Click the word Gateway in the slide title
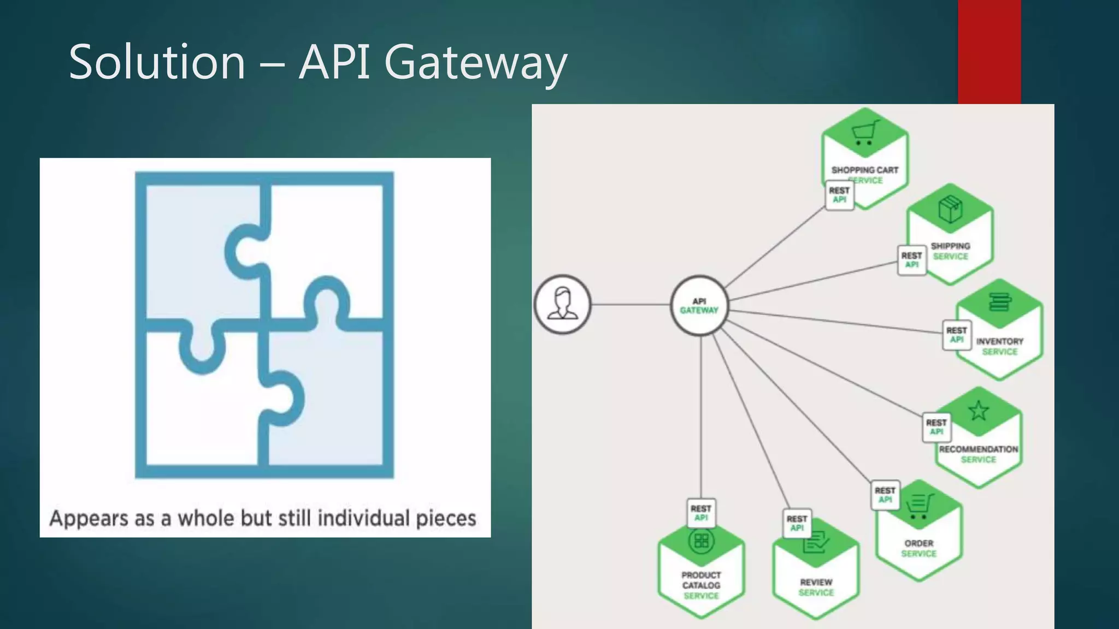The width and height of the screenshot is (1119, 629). [x=475, y=62]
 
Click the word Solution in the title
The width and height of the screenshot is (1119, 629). [x=157, y=62]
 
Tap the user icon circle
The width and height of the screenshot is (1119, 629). [x=562, y=304]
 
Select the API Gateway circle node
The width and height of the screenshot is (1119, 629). [x=699, y=306]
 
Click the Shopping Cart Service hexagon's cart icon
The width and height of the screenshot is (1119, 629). [x=864, y=133]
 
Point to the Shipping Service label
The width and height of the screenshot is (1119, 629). [x=950, y=251]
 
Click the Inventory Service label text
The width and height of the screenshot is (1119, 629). [x=999, y=346]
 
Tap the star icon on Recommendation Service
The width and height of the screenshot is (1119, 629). [x=978, y=411]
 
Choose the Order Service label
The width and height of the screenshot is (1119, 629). [x=918, y=548]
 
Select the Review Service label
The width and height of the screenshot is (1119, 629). [x=816, y=588]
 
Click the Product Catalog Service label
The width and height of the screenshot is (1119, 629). [x=701, y=585]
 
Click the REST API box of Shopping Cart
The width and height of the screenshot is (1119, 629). [x=839, y=195]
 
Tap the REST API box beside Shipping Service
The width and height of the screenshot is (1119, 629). [x=911, y=260]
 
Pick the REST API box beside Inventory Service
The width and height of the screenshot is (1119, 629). [x=956, y=335]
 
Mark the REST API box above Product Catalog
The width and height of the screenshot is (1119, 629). [x=701, y=513]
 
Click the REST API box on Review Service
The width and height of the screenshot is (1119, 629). [x=797, y=523]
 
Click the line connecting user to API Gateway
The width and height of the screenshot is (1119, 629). [x=631, y=304]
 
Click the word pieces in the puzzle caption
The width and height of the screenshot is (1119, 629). [x=446, y=518]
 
